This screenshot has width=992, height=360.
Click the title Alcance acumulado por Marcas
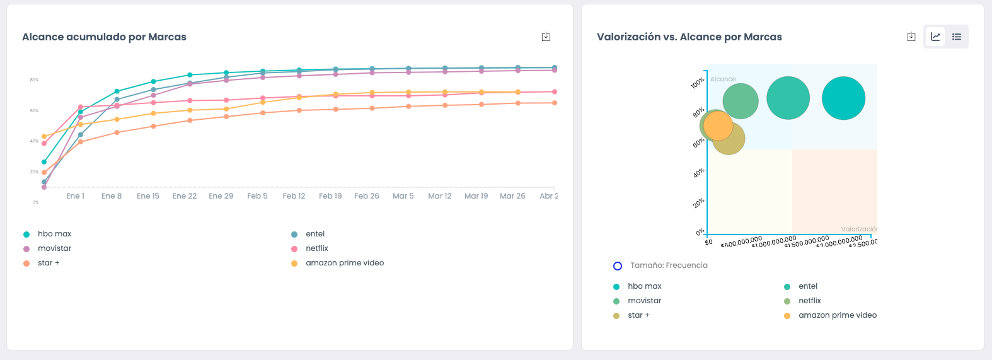pyautogui.click(x=104, y=37)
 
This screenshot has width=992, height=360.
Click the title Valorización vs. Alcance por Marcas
pyautogui.click(x=689, y=37)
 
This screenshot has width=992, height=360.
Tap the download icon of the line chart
pyautogui.click(x=546, y=37)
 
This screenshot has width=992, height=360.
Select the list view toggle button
pyautogui.click(x=957, y=37)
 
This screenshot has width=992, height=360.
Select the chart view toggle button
pyautogui.click(x=935, y=37)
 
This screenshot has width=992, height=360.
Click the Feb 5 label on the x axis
pyautogui.click(x=257, y=196)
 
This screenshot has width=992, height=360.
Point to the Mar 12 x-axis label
pyautogui.click(x=440, y=196)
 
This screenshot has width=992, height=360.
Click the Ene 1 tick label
pyautogui.click(x=75, y=196)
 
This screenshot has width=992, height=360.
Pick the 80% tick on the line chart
pyautogui.click(x=34, y=80)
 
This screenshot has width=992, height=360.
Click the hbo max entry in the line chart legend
pyautogui.click(x=54, y=234)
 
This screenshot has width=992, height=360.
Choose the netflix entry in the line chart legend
pyautogui.click(x=317, y=248)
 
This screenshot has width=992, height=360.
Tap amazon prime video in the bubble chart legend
pyautogui.click(x=837, y=315)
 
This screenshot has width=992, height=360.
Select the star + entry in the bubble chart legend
pyautogui.click(x=638, y=315)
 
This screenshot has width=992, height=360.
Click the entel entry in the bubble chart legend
pyautogui.click(x=807, y=286)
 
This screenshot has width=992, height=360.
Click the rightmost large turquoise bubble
pyautogui.click(x=843, y=98)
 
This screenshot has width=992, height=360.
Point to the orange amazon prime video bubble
pyautogui.click(x=718, y=125)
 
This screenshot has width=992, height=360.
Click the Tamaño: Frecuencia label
pyautogui.click(x=669, y=265)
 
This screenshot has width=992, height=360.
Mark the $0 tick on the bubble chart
pyautogui.click(x=709, y=242)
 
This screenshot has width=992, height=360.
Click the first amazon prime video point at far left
pyautogui.click(x=44, y=136)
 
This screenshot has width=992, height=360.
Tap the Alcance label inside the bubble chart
pyautogui.click(x=723, y=79)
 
